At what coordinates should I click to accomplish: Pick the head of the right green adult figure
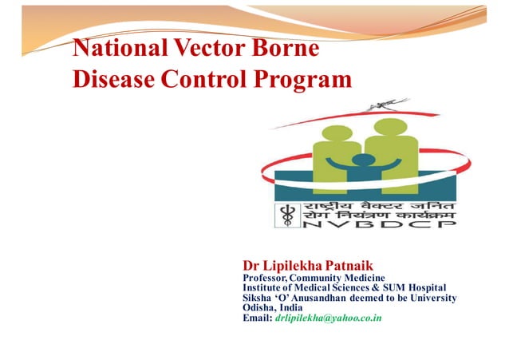390,128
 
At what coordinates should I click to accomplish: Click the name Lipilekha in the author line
296,263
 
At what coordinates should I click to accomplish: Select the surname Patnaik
351,263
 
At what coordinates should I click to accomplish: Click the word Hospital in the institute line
421,287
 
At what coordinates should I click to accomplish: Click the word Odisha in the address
260,308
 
